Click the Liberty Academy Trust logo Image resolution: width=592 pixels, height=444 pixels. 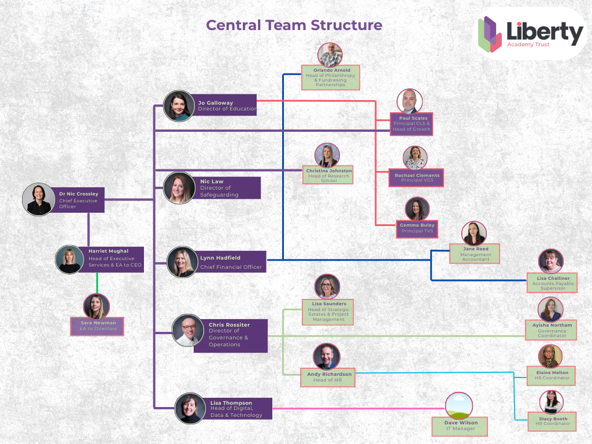531,34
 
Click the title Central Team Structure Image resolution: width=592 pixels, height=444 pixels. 294,25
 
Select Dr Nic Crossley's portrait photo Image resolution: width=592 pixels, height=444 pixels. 39,199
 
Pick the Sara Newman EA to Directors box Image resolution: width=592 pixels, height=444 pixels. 97,325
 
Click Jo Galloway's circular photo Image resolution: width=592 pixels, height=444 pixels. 179,106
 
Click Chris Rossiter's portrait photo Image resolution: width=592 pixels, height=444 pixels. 188,331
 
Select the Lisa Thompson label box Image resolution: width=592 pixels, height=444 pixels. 239,409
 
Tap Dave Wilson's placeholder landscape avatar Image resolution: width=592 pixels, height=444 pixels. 459,406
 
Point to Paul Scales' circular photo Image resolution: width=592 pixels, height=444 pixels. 409,101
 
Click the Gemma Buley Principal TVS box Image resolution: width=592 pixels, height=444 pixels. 417,228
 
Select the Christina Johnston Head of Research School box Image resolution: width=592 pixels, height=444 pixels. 328,175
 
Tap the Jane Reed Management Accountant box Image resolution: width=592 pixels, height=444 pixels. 476,254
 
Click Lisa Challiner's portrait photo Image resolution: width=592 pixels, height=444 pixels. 550,261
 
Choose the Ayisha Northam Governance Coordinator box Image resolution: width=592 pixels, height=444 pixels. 552,330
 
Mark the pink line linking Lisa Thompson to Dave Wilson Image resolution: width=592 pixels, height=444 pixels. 353,409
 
